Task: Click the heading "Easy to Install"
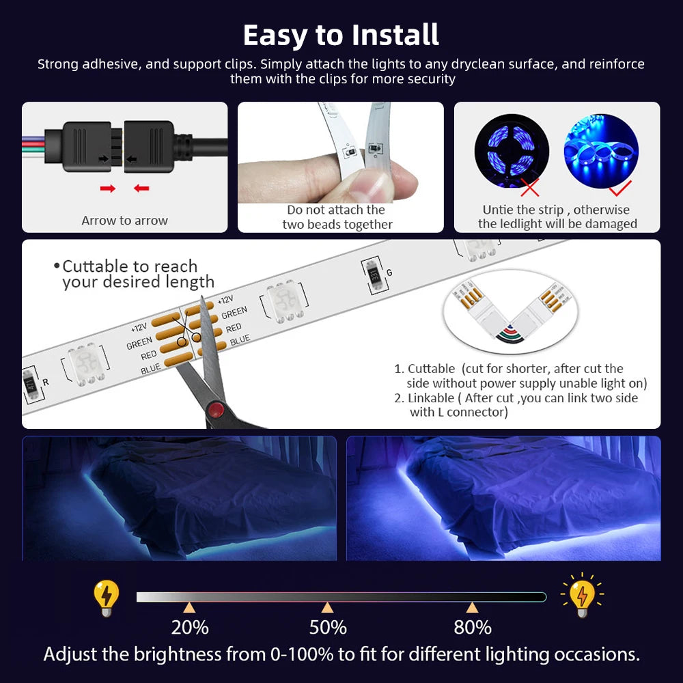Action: [x=341, y=35]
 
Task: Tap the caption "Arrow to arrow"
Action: [x=124, y=221]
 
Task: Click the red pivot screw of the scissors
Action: [x=217, y=410]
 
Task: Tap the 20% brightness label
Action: [x=190, y=627]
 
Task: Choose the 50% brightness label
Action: [x=328, y=627]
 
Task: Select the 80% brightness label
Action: [x=472, y=627]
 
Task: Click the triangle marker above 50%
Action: [x=328, y=607]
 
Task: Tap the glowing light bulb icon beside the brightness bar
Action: [x=581, y=595]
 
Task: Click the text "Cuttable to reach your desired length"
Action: [x=137, y=274]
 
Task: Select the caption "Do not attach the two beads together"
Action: [x=337, y=217]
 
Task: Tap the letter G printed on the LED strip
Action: [x=389, y=273]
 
